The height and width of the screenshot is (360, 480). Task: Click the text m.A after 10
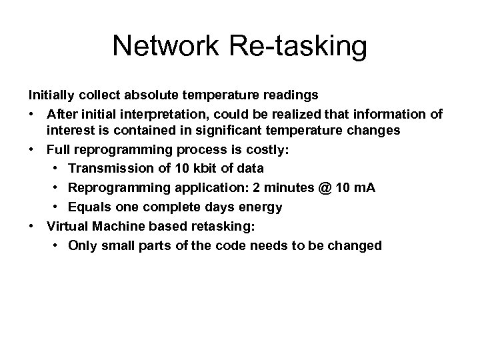point(362,188)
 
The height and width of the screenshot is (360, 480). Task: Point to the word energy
point(245,207)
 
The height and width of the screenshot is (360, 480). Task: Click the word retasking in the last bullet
point(221,227)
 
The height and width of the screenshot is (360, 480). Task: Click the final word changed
point(357,246)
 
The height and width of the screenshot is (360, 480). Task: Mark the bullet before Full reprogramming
point(33,148)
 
